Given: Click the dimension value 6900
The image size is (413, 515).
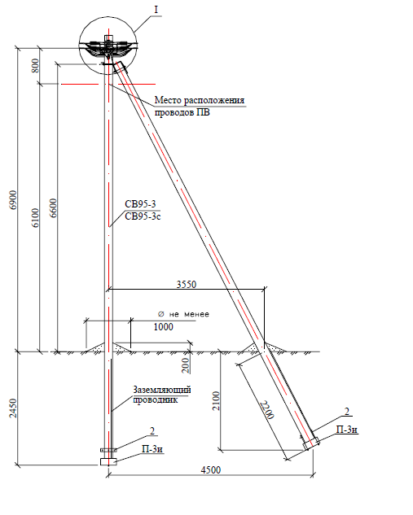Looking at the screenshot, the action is (x=13, y=200).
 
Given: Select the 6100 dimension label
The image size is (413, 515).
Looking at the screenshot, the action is (x=35, y=217).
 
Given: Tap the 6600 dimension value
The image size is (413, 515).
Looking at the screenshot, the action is (x=53, y=208).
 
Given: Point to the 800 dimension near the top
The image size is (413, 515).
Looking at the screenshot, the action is (x=35, y=66).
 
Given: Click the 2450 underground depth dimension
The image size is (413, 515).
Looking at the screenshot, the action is (x=13, y=408).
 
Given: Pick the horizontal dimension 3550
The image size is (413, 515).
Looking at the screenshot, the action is (x=186, y=284).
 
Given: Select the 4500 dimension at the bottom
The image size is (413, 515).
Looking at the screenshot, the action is (x=211, y=470).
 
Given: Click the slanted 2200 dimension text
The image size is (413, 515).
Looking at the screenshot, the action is (x=267, y=410).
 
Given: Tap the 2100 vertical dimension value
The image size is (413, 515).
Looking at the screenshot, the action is (x=216, y=401).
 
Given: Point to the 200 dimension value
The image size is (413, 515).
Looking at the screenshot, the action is (x=186, y=365).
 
